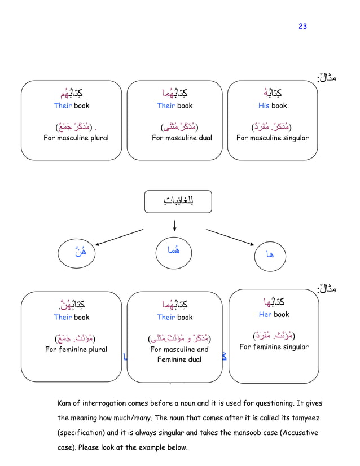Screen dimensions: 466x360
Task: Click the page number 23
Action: (302, 27)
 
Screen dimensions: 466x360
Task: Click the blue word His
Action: (264, 105)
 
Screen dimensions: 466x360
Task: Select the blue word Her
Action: (265, 314)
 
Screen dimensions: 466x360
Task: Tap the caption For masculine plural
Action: (76, 138)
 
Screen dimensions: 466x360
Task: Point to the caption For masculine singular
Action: (273, 138)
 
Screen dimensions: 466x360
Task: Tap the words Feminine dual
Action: (179, 359)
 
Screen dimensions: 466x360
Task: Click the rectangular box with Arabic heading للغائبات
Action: (175, 202)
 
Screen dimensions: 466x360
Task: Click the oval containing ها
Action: (271, 254)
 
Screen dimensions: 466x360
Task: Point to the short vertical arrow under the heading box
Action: (175, 225)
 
